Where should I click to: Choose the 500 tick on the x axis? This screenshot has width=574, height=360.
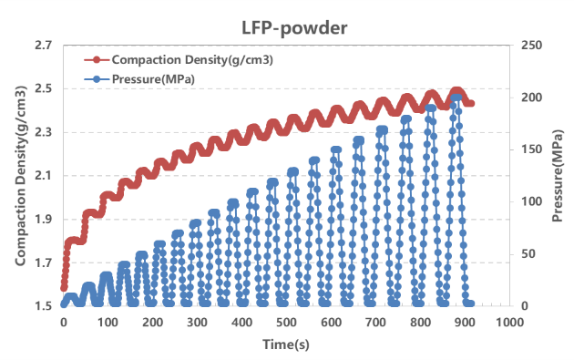(x=286, y=322)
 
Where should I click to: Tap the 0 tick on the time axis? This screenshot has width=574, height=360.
(x=63, y=322)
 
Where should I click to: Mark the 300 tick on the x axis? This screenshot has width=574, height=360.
(x=197, y=322)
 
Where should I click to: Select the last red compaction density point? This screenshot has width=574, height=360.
(x=470, y=103)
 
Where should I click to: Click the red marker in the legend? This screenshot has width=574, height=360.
(x=97, y=60)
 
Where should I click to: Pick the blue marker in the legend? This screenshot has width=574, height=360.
(x=97, y=78)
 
